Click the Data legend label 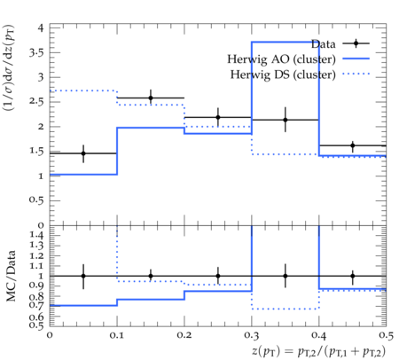[324, 44]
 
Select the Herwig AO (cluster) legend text [281, 59]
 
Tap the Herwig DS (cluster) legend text [283, 74]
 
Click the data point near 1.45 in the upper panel [83, 153]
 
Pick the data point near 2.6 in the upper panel [151, 98]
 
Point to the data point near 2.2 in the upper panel [218, 117]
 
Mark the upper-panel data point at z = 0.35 [286, 120]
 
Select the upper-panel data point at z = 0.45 [353, 145]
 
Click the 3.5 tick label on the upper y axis [36, 53]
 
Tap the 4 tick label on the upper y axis [41, 28]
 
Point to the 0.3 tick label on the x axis [252, 335]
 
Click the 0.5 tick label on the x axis [386, 335]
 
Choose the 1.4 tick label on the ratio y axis [36, 235]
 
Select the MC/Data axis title [11, 276]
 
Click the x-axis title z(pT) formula [319, 351]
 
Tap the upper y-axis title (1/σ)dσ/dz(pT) [9, 67]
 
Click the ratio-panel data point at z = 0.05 [83, 276]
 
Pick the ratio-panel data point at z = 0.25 [218, 276]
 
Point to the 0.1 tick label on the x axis [117, 335]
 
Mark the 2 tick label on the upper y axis [41, 127]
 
